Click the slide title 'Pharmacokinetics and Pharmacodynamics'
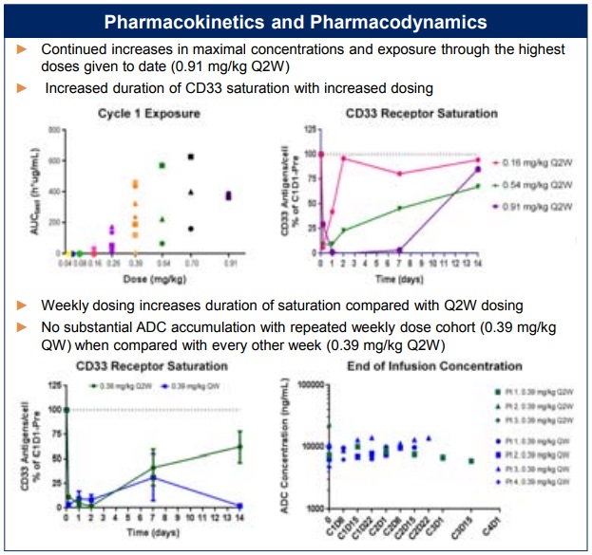click(296, 21)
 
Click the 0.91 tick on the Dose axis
click(228, 262)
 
